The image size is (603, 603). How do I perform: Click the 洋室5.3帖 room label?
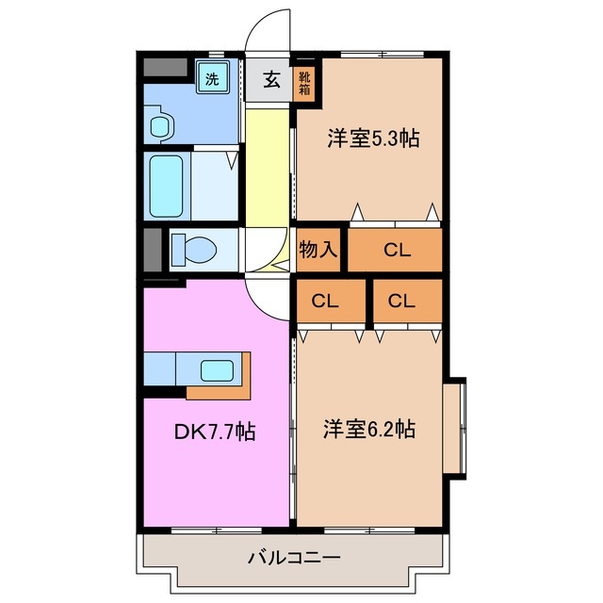[x=373, y=139]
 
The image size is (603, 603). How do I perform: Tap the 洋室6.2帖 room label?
[x=370, y=429]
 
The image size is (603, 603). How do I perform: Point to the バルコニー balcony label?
[x=294, y=557]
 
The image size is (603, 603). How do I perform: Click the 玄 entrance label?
[x=270, y=79]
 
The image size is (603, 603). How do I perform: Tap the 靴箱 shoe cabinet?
[x=307, y=81]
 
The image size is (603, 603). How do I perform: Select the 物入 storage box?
[x=318, y=250]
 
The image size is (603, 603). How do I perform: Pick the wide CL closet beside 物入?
[x=396, y=250]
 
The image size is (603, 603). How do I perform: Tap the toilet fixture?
[x=193, y=250]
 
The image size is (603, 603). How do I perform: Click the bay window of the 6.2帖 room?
[x=455, y=426]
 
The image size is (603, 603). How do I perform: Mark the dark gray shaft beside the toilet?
[x=152, y=250]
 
